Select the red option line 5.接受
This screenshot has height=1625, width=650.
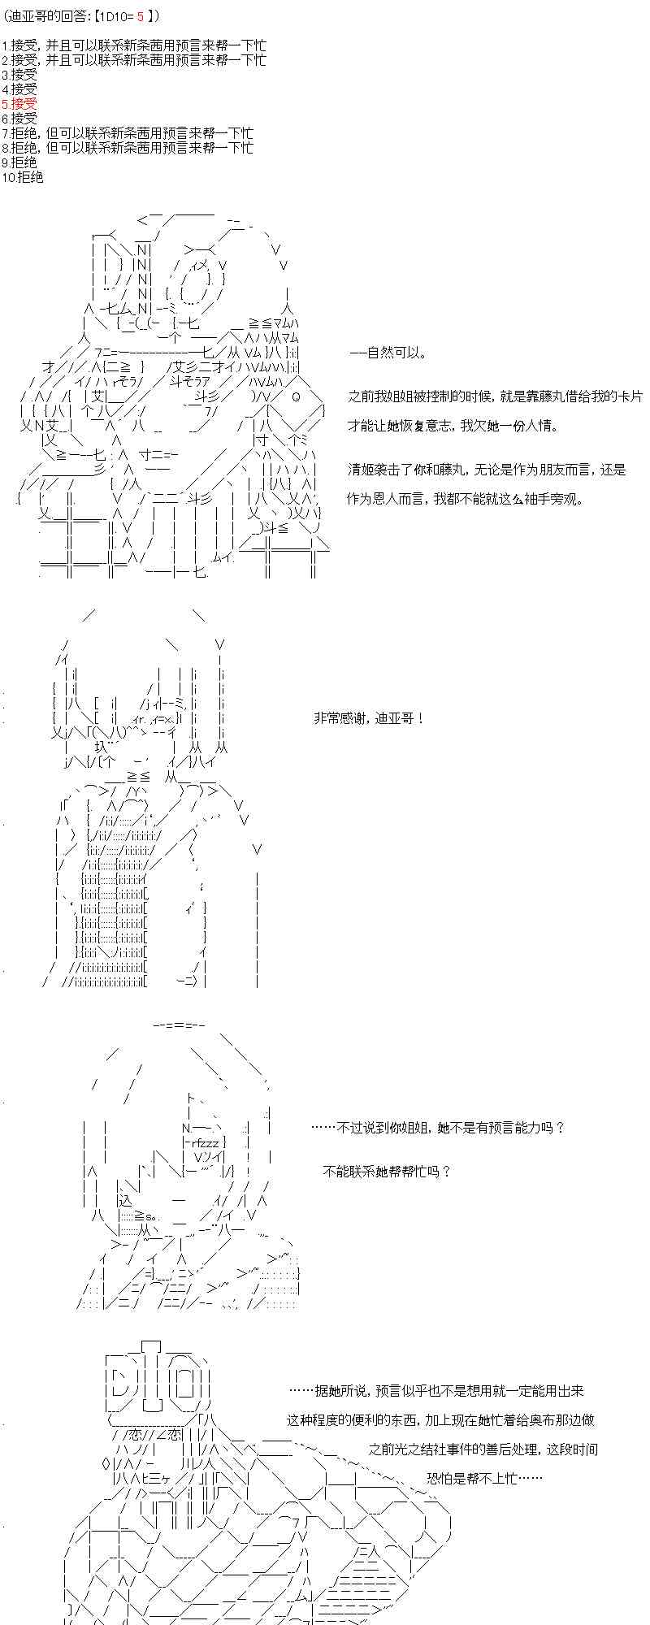[x=19, y=104]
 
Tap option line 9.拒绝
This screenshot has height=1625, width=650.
[x=19, y=162]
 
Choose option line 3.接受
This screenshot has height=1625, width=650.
[x=19, y=75]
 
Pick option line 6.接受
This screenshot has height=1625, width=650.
[x=19, y=119]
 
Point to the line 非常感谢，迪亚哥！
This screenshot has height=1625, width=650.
[x=368, y=718]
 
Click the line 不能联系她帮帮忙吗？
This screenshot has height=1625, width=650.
[x=387, y=1171]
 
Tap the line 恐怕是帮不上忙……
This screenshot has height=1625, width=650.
[x=484, y=1479]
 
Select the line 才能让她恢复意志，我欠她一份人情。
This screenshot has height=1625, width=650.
[x=453, y=426]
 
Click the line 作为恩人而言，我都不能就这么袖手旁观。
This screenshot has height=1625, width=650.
[x=465, y=499]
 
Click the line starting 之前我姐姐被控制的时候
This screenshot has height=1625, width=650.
[x=496, y=396]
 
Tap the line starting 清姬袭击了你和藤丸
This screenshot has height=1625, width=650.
[x=487, y=470]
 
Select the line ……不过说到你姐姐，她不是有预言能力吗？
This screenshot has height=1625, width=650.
[x=437, y=1128]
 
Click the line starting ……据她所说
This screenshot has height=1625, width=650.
[x=436, y=1391]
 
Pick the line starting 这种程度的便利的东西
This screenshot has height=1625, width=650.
[x=441, y=1420]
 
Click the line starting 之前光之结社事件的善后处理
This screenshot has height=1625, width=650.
[x=483, y=1449]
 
